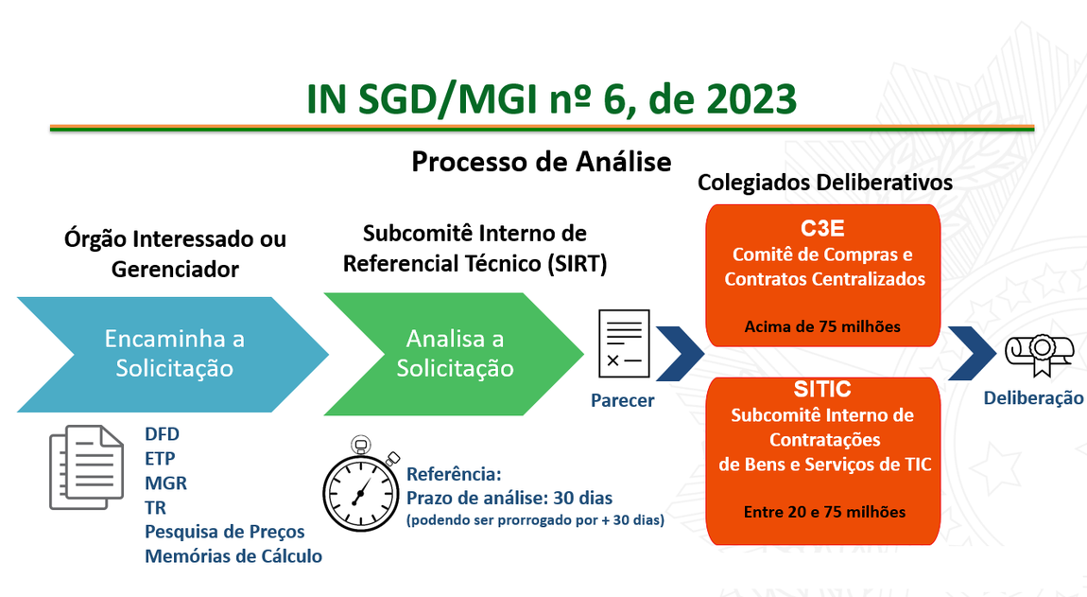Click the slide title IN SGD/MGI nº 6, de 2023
[x=551, y=98]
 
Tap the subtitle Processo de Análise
[x=542, y=162]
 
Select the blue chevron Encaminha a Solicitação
[x=173, y=355]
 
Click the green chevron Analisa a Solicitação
[x=454, y=354]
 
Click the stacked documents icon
[x=87, y=467]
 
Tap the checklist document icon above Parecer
[x=624, y=343]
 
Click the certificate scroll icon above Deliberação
[x=1034, y=355]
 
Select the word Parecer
[x=623, y=400]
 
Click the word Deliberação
[x=1033, y=397]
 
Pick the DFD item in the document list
[x=163, y=434]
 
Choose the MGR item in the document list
[x=165, y=483]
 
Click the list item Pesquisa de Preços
[x=225, y=532]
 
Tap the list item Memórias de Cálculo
[x=233, y=556]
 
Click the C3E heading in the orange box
[x=822, y=228]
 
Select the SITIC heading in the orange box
[x=822, y=389]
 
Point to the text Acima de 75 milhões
[x=822, y=326]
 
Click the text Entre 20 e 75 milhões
[x=824, y=512]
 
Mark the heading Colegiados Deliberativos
[x=825, y=183]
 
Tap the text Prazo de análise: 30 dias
[x=509, y=498]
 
